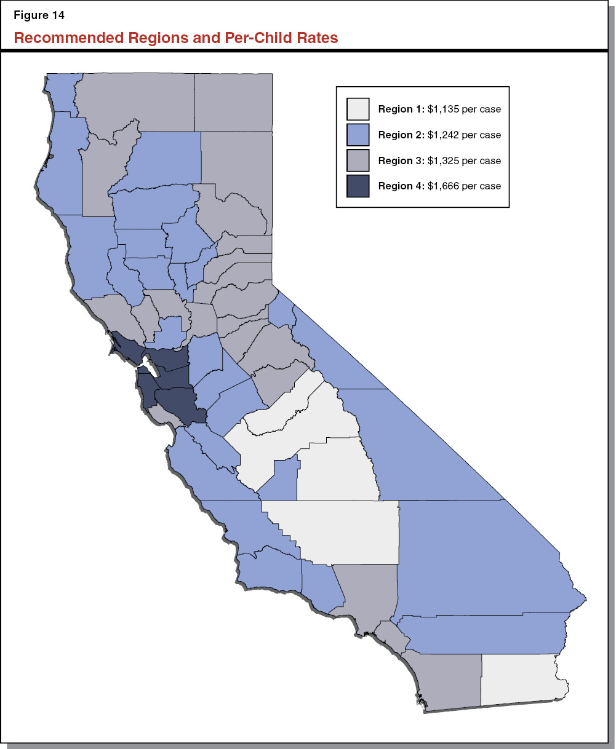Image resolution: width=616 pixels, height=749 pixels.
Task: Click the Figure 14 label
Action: [39, 15]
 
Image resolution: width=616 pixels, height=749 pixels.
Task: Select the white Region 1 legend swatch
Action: [358, 109]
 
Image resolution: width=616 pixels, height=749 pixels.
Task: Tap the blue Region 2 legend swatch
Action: [358, 135]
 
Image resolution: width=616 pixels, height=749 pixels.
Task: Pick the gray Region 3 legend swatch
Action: [358, 160]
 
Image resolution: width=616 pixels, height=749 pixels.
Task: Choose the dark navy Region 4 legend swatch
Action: [358, 186]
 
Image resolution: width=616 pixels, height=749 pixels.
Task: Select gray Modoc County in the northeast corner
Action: [234, 101]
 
